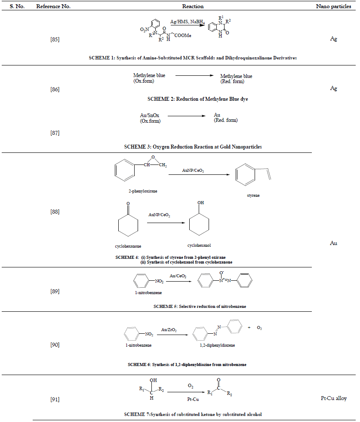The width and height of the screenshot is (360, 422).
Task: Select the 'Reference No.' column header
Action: click(x=53, y=6)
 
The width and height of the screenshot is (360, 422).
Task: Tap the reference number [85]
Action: click(x=55, y=40)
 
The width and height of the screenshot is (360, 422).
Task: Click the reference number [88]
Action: click(x=55, y=211)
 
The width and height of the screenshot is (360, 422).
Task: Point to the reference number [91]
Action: click(x=55, y=400)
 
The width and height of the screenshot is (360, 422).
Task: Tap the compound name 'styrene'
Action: click(x=253, y=195)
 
